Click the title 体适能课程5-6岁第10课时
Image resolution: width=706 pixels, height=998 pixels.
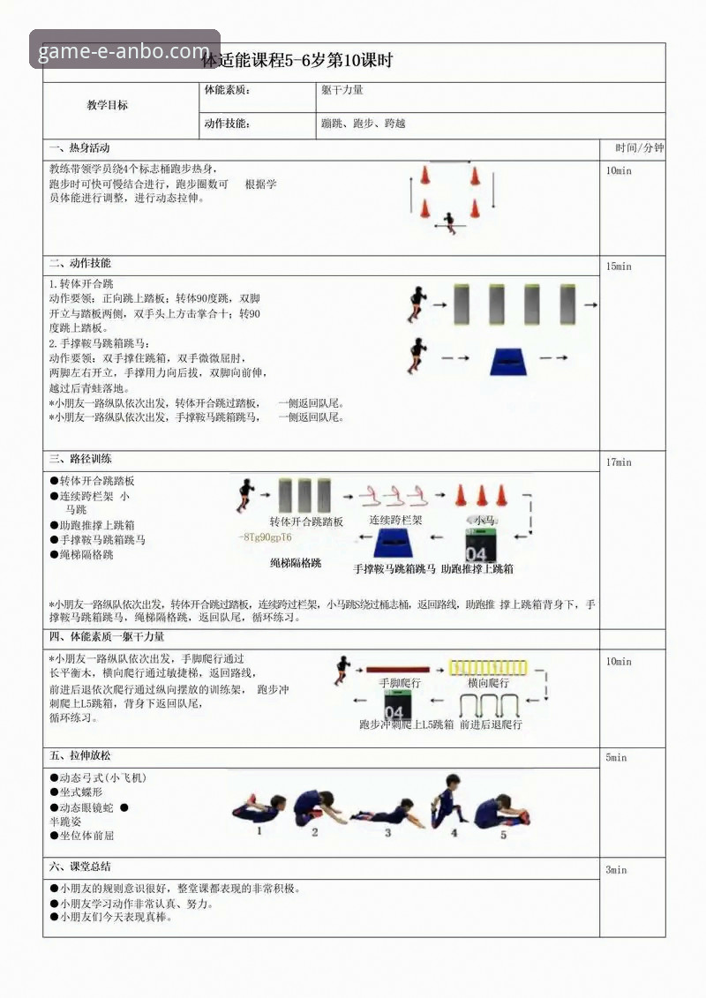(x=297, y=61)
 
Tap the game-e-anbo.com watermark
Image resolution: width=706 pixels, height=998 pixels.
(x=124, y=50)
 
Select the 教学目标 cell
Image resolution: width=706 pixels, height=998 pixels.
(x=107, y=105)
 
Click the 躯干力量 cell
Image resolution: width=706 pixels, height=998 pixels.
(x=342, y=90)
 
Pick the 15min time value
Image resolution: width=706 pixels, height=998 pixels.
(x=619, y=266)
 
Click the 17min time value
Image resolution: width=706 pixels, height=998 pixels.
(x=619, y=462)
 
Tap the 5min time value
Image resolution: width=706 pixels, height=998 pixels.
(x=616, y=758)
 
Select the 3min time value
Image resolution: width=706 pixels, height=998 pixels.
(x=616, y=870)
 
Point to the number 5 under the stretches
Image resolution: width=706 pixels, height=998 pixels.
(x=504, y=833)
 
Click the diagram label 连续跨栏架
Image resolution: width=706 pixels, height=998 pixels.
(x=395, y=521)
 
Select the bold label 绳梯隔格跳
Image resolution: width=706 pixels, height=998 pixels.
(x=296, y=562)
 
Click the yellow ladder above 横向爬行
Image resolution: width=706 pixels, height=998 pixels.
(x=488, y=668)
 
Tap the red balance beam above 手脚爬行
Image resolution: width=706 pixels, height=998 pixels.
(x=397, y=670)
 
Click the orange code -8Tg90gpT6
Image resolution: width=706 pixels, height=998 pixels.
(x=266, y=537)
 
